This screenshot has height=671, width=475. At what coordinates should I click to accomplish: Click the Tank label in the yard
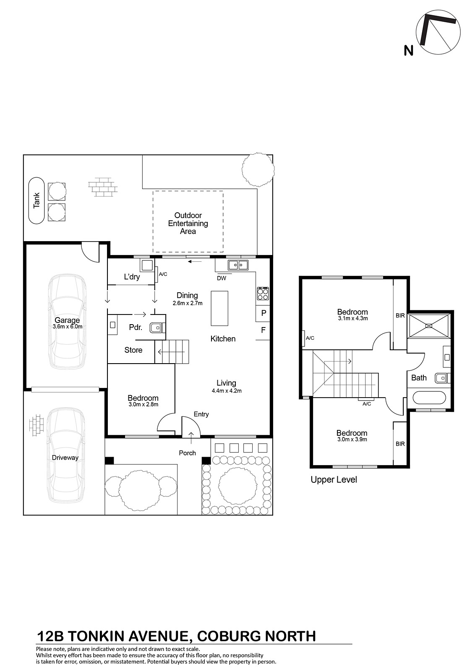[36, 200]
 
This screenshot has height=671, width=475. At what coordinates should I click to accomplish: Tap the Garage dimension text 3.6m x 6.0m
[68, 327]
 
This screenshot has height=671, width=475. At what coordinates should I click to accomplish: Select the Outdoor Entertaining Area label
[188, 223]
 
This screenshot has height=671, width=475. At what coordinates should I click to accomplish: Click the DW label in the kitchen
[222, 278]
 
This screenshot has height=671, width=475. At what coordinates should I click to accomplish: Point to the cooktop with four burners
[263, 294]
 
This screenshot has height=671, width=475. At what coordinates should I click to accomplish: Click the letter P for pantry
[264, 313]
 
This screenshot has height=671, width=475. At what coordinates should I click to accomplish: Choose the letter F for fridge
[264, 330]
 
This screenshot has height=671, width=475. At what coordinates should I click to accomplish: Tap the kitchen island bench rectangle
[219, 308]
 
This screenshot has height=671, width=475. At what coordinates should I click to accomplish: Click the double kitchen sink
[238, 265]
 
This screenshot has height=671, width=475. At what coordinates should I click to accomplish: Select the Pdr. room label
[136, 328]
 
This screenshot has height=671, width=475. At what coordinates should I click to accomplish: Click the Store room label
[133, 350]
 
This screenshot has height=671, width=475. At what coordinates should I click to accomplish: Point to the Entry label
[201, 414]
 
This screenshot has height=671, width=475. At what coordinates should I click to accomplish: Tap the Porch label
[187, 453]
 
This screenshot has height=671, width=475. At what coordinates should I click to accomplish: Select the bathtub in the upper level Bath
[429, 398]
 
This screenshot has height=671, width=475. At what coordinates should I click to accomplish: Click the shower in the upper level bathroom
[429, 325]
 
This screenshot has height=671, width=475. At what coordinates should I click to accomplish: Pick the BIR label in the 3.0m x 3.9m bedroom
[400, 444]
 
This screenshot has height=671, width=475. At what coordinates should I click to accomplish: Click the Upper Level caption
[334, 480]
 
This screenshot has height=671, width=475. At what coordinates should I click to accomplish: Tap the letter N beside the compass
[408, 51]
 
